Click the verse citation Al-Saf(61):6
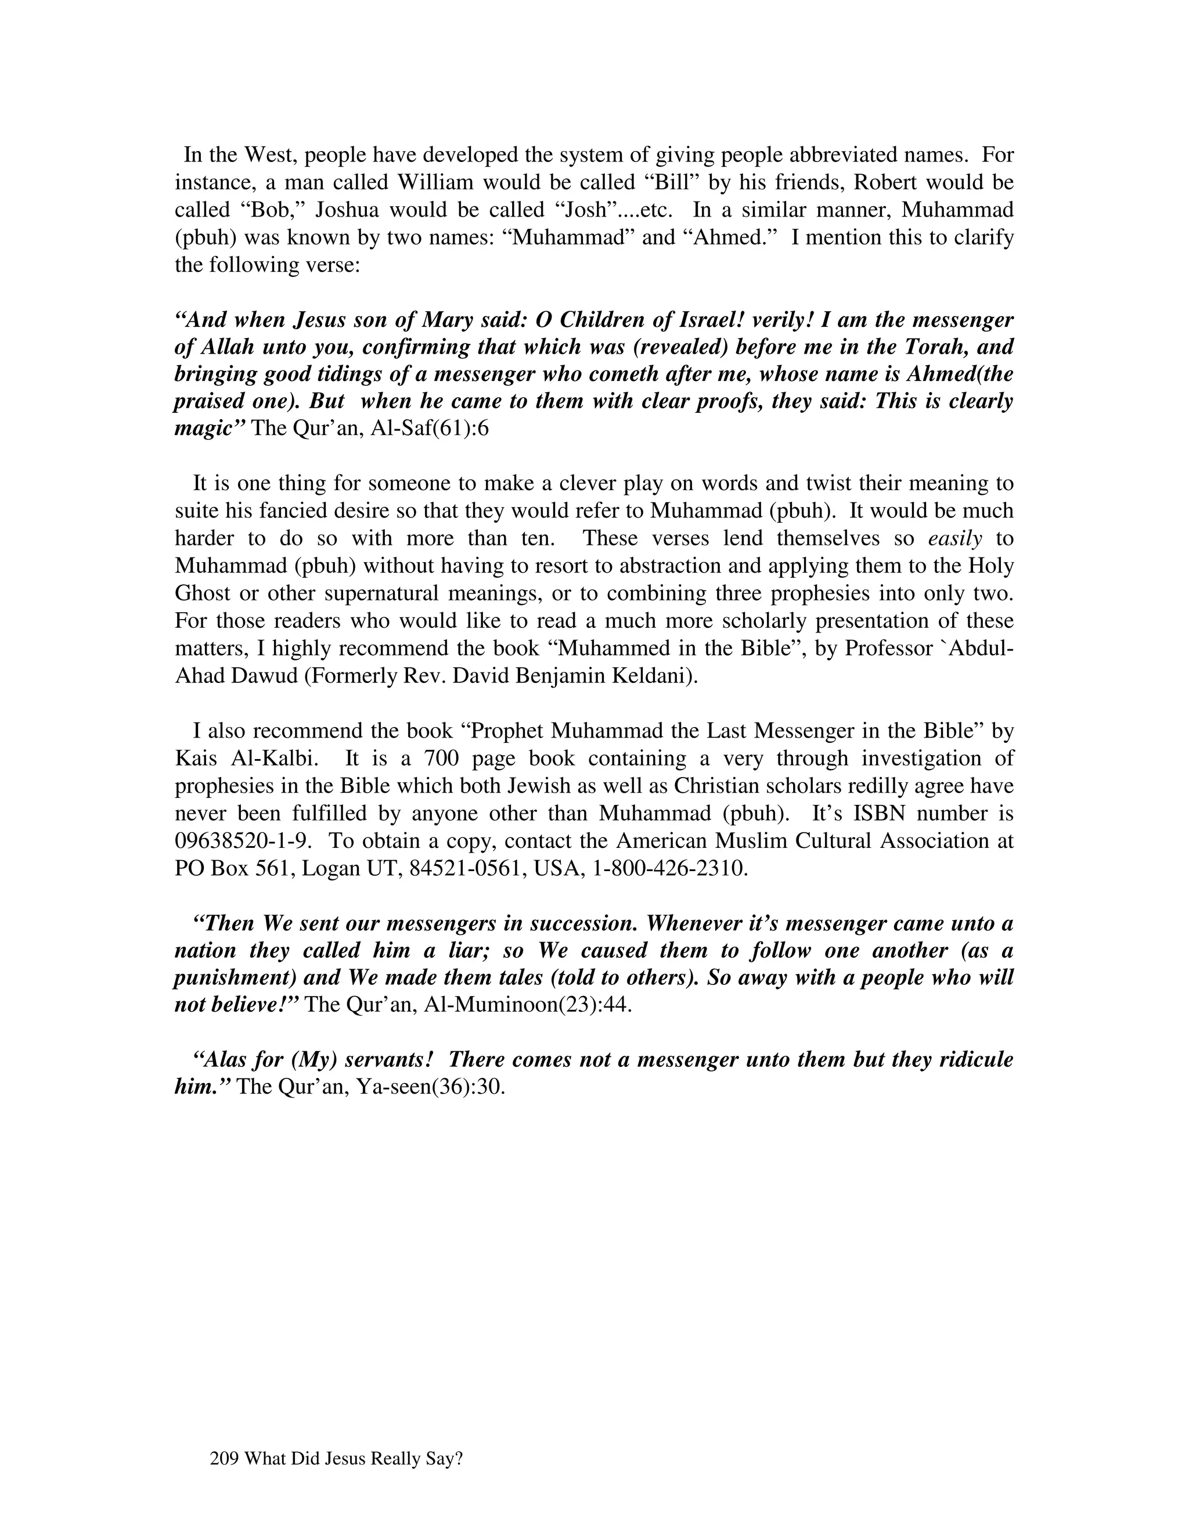click(429, 429)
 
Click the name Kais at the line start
click(196, 758)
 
